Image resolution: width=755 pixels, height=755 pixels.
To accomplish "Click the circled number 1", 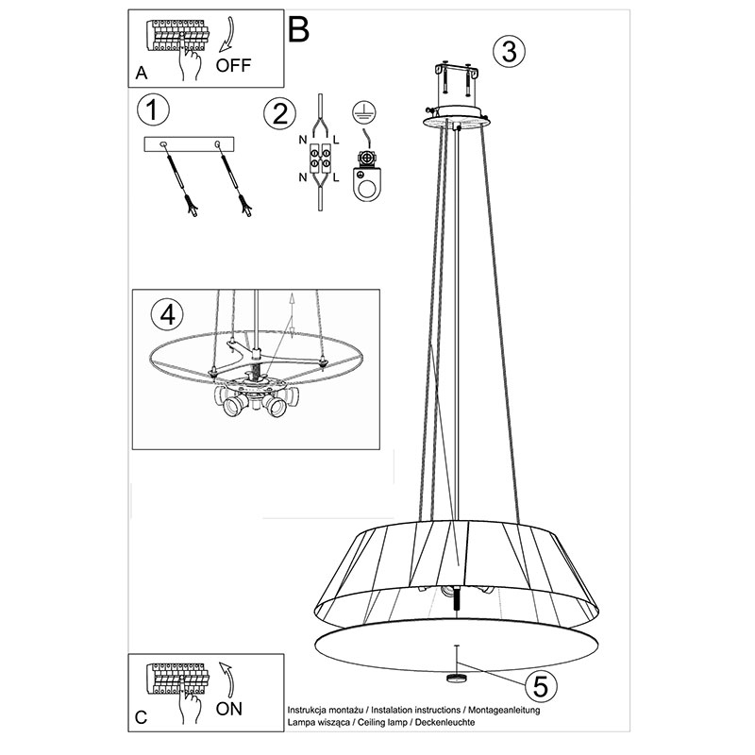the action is point(153,109).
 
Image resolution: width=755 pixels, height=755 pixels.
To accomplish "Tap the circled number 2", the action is point(279,114).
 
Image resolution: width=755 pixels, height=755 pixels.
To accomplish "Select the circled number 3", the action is point(510,51).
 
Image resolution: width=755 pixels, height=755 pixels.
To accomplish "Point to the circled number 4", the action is point(167,315).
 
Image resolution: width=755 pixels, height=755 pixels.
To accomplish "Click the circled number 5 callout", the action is point(540,686).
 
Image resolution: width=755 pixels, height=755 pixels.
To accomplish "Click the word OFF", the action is point(233,65).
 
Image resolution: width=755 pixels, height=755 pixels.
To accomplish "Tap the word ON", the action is point(229,709).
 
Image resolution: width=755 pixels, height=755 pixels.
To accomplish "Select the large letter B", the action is point(298,30).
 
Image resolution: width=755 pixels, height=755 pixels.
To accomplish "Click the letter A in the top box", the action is point(141,73).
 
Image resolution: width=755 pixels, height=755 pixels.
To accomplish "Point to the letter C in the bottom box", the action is point(141,717).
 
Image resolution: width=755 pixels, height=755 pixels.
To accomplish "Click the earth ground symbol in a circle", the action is point(364,112).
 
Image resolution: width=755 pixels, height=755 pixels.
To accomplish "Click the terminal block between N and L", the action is point(320,159).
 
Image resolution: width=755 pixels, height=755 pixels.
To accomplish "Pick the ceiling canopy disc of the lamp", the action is point(458,118).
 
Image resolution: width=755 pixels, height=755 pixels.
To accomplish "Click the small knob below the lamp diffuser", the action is point(456,678).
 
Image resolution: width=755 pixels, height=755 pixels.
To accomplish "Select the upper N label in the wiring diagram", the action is point(303,140).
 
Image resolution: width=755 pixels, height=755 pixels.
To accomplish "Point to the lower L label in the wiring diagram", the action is point(336,177).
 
